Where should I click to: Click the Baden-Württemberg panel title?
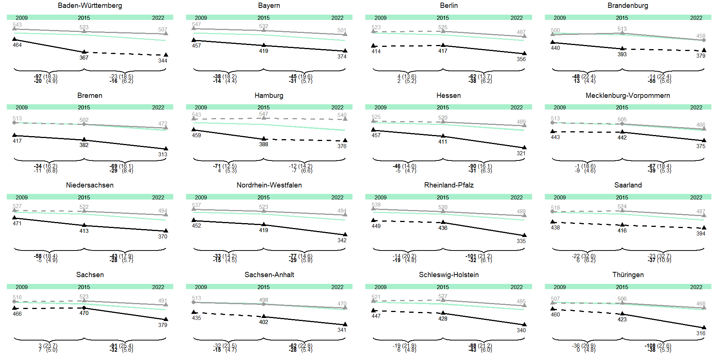[x=90, y=6]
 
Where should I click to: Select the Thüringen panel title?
[x=628, y=275]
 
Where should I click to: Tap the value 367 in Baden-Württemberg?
[x=84, y=58]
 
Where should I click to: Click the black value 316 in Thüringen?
[x=700, y=333]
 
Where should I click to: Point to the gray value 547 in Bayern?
[x=196, y=24]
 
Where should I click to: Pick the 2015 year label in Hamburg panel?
[x=263, y=108]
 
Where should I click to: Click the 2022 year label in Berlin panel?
[x=516, y=18]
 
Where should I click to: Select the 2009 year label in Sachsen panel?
[x=22, y=287]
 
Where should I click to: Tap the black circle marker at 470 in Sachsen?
[x=84, y=308]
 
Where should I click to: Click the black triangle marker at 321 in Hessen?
[x=524, y=147]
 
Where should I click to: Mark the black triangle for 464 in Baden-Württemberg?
[x=15, y=39]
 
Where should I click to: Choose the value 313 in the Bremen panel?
[x=162, y=154]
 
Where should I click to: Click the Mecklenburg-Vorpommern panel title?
[x=628, y=96]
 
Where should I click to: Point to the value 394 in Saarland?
[x=700, y=234]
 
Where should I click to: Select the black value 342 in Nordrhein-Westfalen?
[x=342, y=240]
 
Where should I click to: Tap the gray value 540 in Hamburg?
[x=342, y=115]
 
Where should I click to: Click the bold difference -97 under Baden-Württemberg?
[x=38, y=76]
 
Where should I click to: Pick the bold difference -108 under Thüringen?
[x=650, y=346]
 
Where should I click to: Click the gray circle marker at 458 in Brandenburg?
[x=704, y=40]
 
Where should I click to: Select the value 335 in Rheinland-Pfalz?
[x=521, y=241]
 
